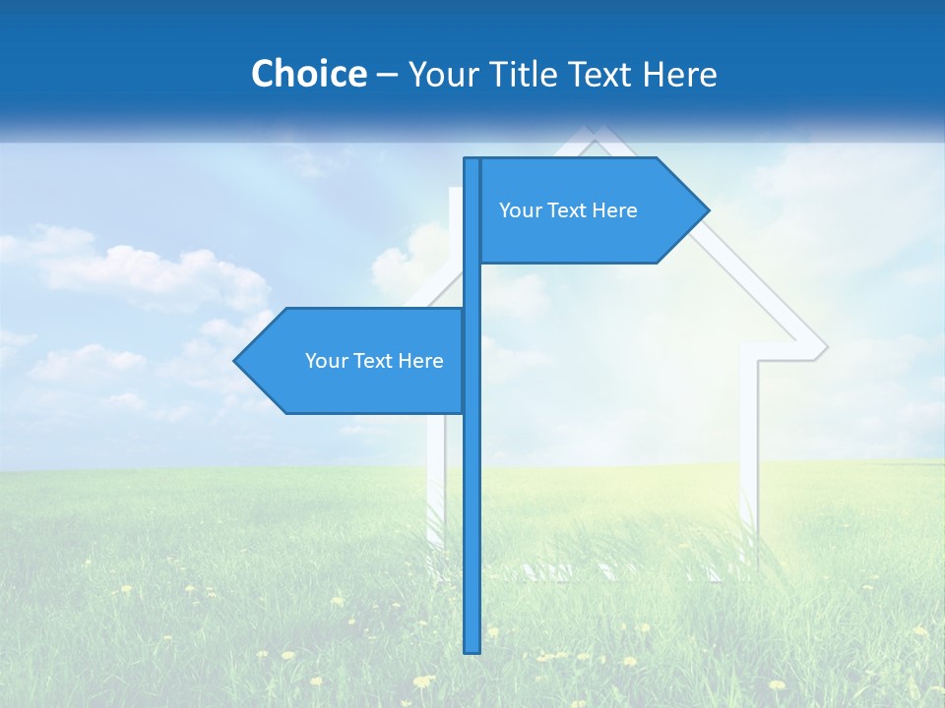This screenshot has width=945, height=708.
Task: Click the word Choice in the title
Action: click(308, 74)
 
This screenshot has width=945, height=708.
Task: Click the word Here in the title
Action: click(679, 74)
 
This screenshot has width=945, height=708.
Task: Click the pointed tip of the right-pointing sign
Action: click(708, 209)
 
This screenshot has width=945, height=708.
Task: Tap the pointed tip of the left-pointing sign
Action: click(235, 361)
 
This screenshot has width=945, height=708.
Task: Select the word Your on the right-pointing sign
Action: click(518, 210)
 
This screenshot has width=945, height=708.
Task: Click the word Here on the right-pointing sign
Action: click(614, 210)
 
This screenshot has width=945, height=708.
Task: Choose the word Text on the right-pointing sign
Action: click(565, 210)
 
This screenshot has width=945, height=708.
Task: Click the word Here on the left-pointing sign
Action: click(420, 361)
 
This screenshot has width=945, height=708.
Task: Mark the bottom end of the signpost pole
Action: click(472, 651)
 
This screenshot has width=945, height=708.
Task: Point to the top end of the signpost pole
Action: click(472, 159)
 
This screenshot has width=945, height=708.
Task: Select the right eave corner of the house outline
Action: click(825, 347)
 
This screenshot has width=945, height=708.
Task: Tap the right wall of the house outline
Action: click(747, 462)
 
